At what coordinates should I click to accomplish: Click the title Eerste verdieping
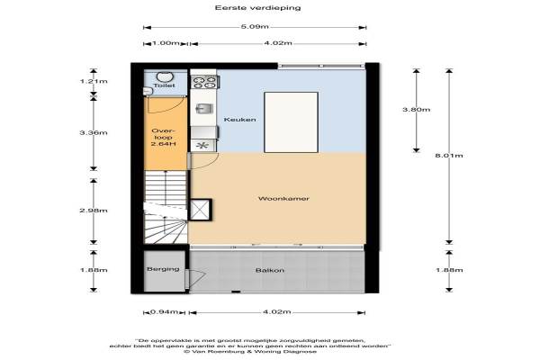coord(257,7)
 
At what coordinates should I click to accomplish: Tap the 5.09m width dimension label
coord(255,26)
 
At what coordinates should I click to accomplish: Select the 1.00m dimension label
coord(166,43)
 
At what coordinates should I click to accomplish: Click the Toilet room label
coord(165,85)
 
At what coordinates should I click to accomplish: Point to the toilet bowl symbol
coord(165,76)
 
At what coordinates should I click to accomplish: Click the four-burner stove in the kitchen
coord(204,83)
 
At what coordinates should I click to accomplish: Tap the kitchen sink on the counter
coord(204,109)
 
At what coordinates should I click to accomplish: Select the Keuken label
coord(239,120)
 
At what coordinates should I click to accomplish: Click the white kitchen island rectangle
coord(291,122)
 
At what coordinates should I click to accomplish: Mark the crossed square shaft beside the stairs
coord(200,210)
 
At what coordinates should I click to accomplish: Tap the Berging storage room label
coord(163,269)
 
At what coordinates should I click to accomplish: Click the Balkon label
coord(270,270)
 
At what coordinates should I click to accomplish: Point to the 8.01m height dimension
coord(449,156)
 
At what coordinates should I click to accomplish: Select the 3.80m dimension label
coord(417,110)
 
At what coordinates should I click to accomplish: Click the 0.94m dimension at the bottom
coord(165,312)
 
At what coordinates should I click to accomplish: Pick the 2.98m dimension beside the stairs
coord(94,210)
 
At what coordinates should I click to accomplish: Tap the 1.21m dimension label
coord(94,81)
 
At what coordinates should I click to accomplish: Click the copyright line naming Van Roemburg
coord(250,352)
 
